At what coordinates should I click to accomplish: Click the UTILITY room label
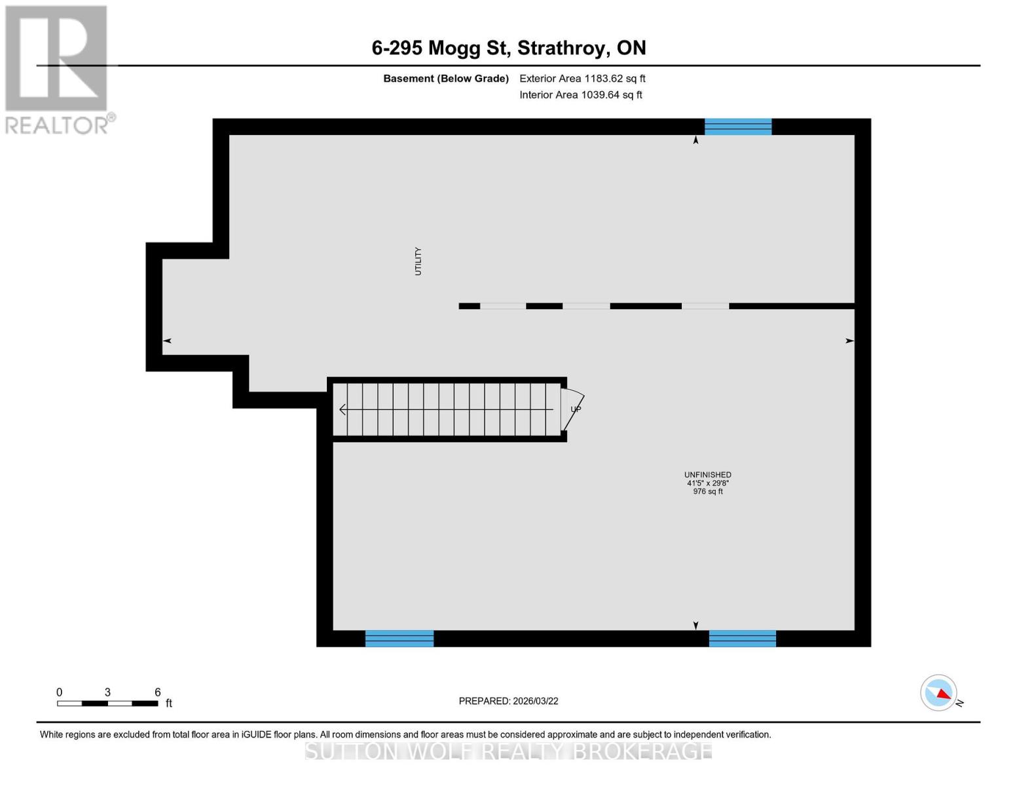point(418,261)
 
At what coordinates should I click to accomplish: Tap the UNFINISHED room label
point(707,475)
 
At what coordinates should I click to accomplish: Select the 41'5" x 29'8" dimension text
point(707,483)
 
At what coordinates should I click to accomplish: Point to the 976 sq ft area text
point(707,492)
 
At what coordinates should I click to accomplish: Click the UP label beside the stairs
point(576,409)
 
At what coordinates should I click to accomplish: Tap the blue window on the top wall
point(737,126)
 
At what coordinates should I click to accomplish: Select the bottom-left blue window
point(399,638)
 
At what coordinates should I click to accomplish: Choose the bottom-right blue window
point(742,638)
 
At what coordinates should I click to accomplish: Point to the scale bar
point(107,703)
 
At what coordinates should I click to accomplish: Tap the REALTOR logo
point(58,69)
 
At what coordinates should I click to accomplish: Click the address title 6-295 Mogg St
point(508,48)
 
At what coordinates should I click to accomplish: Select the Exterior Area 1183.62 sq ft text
point(582,79)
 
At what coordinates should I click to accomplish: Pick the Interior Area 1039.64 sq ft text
point(580,95)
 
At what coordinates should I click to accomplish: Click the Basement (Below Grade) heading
point(445,79)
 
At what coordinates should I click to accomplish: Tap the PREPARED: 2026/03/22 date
point(508,701)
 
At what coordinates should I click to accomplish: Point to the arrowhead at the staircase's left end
point(342,410)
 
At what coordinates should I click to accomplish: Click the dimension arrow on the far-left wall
point(167,341)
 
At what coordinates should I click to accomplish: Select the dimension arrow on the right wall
point(849,341)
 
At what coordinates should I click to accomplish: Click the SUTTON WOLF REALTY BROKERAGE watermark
point(508,751)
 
